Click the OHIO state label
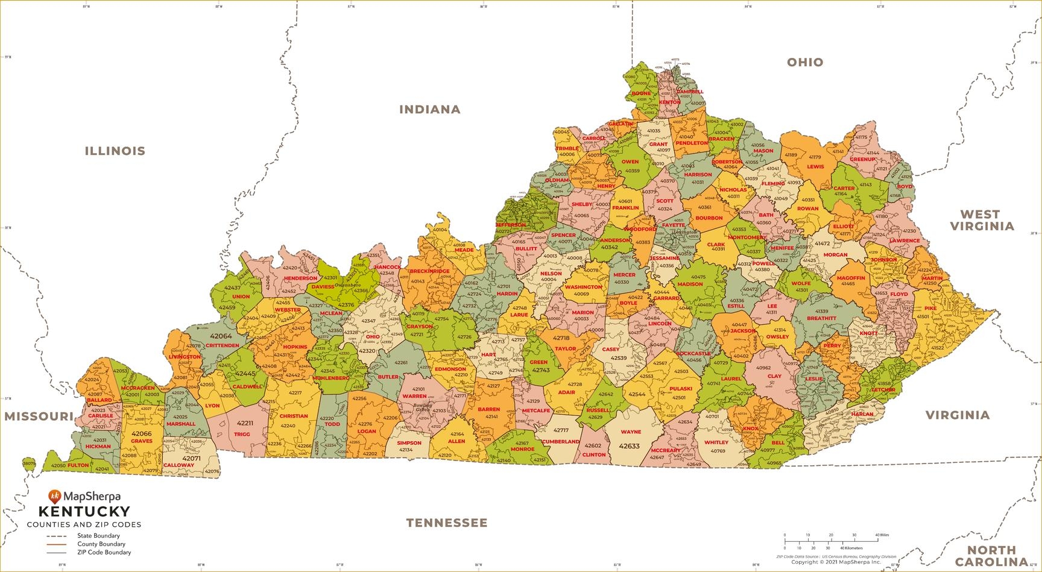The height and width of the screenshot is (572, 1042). [x=805, y=63]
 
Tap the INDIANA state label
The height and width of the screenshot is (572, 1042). [x=430, y=110]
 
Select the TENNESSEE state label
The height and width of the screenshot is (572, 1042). [x=446, y=523]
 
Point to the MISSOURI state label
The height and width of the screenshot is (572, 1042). [x=39, y=416]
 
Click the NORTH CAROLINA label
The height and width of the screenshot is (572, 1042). [x=991, y=555]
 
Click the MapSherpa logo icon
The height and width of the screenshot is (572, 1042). [x=55, y=496]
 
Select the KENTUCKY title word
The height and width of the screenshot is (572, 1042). [x=84, y=512]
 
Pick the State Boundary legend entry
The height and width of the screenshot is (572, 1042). [x=98, y=536]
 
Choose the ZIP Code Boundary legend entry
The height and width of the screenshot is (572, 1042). [x=104, y=552]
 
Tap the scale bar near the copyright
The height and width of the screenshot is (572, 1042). [x=831, y=540]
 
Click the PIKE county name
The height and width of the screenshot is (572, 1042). [x=930, y=309]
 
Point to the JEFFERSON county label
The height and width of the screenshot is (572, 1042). [x=510, y=225]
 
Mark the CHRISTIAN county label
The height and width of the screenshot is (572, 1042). [x=294, y=416]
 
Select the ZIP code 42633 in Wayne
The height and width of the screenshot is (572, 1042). [x=629, y=447]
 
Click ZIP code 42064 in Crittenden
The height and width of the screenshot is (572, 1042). [x=221, y=336]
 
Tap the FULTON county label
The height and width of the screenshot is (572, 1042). [x=78, y=465]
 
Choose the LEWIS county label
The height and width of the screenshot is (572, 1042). [x=815, y=167]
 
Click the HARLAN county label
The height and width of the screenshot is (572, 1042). [x=862, y=414]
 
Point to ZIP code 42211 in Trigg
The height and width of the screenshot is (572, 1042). [x=245, y=423]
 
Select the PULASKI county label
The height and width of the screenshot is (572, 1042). [x=680, y=389]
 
